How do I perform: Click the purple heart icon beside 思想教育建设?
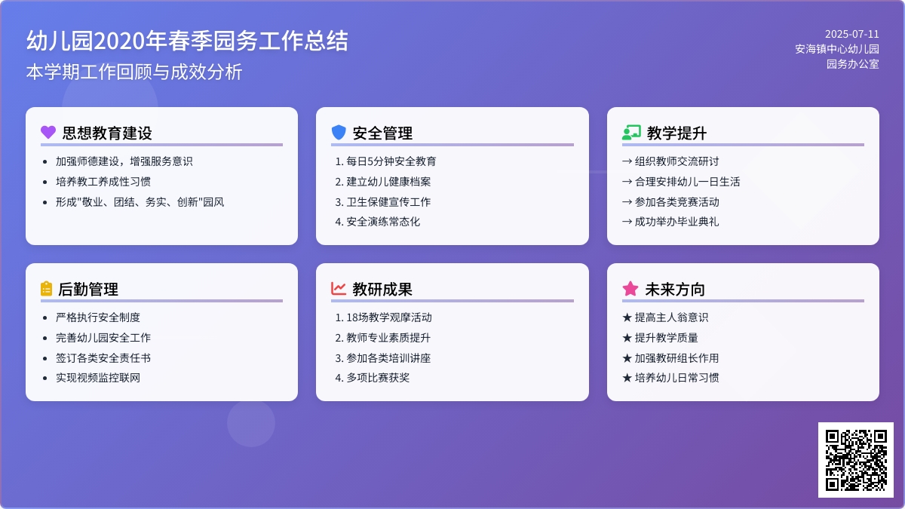(48, 132)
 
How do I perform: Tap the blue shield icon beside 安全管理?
(339, 132)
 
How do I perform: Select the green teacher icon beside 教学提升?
(631, 132)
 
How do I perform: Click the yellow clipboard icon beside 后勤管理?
(47, 288)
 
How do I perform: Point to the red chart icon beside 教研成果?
(339, 288)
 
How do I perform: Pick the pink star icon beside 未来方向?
(630, 288)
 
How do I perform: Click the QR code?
(856, 460)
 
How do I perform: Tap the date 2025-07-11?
(851, 35)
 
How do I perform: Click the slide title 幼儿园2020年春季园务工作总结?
(187, 41)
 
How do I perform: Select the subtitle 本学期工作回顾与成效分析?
(134, 72)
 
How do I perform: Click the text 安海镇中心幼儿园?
(836, 49)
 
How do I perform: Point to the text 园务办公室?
(852, 64)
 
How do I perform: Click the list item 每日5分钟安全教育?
(391, 161)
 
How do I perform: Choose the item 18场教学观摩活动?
(389, 317)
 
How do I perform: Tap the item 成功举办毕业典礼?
(676, 222)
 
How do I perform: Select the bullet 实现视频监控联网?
(98, 377)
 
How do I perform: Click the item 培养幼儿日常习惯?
(676, 377)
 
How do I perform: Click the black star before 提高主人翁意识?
(627, 317)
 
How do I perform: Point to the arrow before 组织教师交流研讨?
(627, 161)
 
